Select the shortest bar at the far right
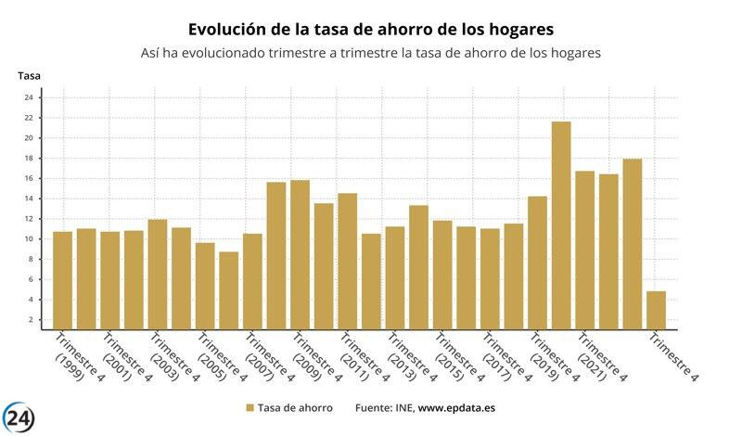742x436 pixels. pos(656,310)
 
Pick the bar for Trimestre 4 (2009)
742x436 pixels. pos(300,254)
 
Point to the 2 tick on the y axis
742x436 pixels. pos(30,320)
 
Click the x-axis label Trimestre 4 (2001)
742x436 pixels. pos(121,356)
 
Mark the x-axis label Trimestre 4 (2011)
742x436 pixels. pos(358,356)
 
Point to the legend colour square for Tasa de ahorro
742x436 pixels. pos(249,407)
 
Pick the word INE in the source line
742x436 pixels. pos(403,407)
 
